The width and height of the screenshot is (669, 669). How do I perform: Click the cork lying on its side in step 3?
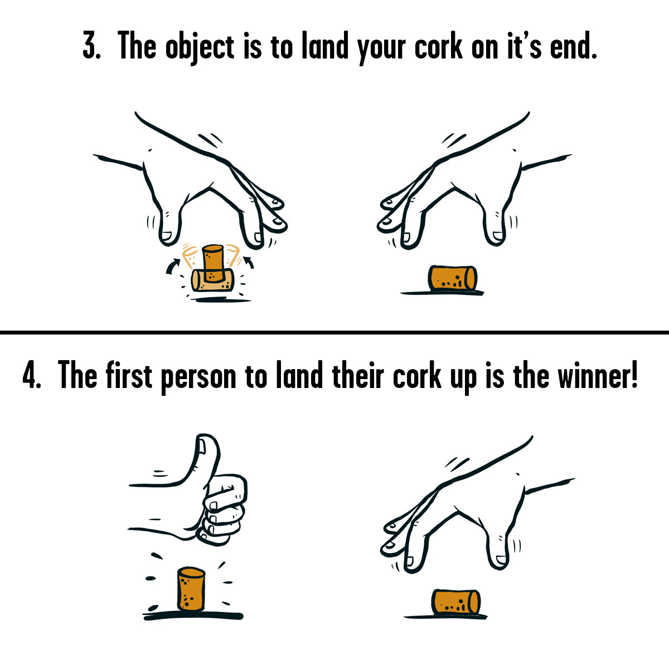point(452,278)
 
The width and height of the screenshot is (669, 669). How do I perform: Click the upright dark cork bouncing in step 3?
point(213,263)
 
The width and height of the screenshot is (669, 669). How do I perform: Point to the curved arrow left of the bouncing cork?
point(173,266)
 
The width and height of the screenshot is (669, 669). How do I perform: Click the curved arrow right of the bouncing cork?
point(249,262)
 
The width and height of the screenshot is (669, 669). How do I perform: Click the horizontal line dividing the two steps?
point(334,332)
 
